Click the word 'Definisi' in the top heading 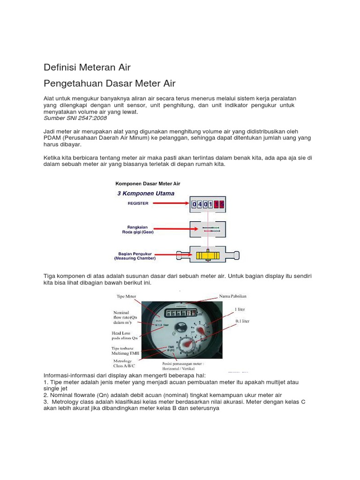coord(60,67)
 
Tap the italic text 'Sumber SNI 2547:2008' coord(75,118)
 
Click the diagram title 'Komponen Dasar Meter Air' coord(148,184)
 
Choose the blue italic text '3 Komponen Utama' coord(145,193)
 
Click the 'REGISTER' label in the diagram coord(138,203)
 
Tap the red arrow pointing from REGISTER coord(171,203)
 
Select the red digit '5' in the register coord(221,204)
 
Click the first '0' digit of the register coord(194,204)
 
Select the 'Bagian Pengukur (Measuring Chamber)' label coord(135,255)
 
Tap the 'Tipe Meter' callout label coord(126,297)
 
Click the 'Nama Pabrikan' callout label coord(232,297)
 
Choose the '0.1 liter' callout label coord(242,321)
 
